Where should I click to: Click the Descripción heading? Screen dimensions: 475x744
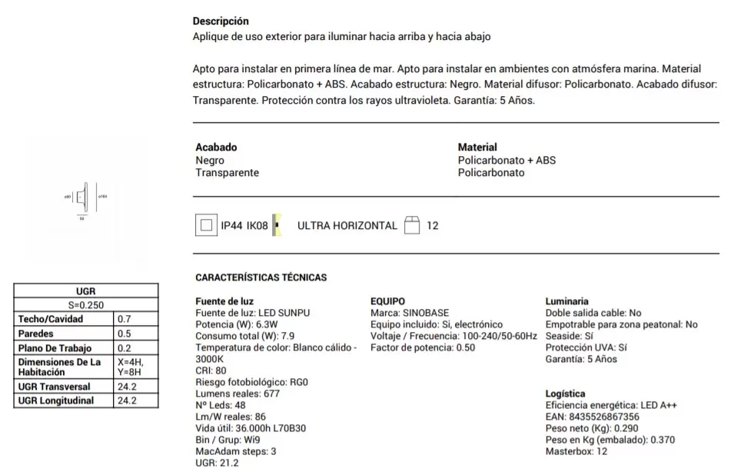coord(221,22)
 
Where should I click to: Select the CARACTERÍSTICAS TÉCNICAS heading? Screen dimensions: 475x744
coord(261,277)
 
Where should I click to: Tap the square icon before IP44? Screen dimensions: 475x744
coord(205,226)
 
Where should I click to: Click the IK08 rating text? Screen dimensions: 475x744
coord(256,226)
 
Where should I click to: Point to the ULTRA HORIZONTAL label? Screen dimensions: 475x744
coord(347,226)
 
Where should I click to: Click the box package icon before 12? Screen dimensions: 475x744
coord(412,225)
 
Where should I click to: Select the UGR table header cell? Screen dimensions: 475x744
coord(86,292)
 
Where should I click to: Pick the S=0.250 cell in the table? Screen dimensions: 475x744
coord(86,304)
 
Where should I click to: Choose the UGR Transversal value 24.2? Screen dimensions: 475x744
coord(127,387)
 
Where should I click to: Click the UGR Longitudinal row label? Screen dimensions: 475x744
coord(56,400)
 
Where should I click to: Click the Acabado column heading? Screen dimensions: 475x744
coord(216,147)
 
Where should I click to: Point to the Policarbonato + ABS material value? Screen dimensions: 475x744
coord(507,161)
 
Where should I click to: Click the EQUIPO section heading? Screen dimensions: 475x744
coord(387,301)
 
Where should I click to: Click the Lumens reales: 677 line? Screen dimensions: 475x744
coord(237,394)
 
